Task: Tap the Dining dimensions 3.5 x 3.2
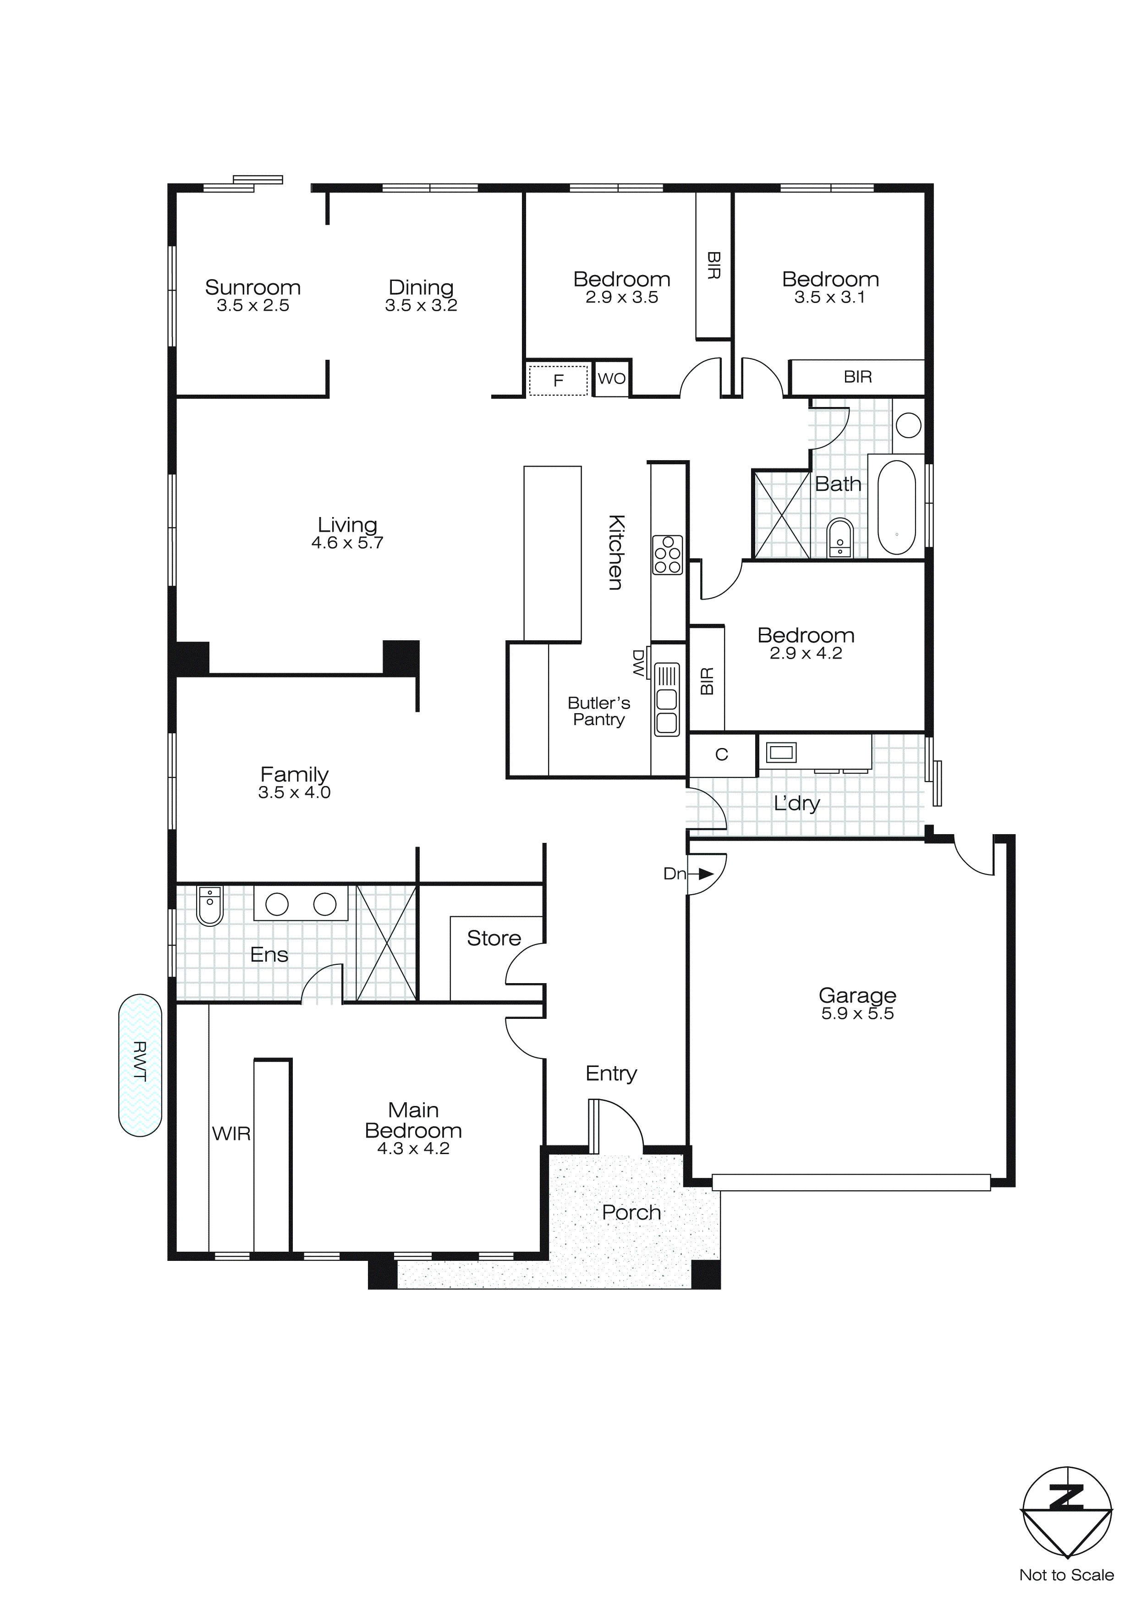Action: (421, 306)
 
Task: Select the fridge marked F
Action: (558, 380)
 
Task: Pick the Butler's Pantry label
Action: (599, 711)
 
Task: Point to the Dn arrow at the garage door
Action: (705, 874)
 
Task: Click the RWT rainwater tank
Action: (140, 1065)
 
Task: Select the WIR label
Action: (231, 1133)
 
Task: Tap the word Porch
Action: (631, 1212)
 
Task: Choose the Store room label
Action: (494, 938)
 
